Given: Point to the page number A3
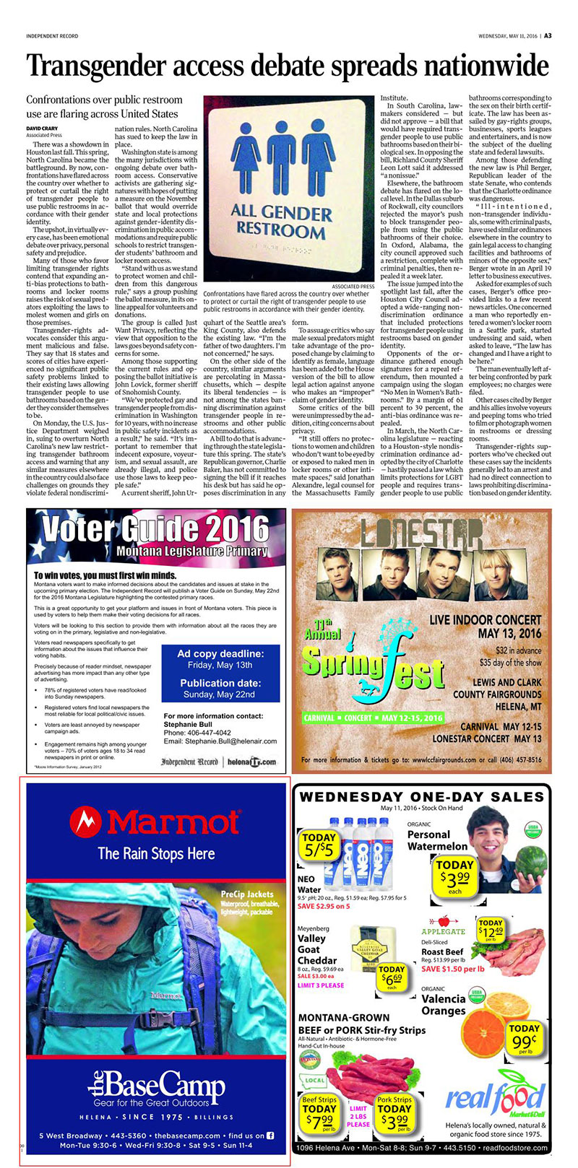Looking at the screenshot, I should point(548,35).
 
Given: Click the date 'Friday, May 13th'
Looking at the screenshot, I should point(220,665).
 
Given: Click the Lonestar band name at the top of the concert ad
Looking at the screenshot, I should point(422,533).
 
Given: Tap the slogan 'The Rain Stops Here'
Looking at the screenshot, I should point(156,853).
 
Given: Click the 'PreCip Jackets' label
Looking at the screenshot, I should point(246,894).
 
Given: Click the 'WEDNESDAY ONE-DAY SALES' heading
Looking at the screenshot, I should point(421,797).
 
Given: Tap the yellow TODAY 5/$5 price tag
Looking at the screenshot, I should point(319,845).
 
